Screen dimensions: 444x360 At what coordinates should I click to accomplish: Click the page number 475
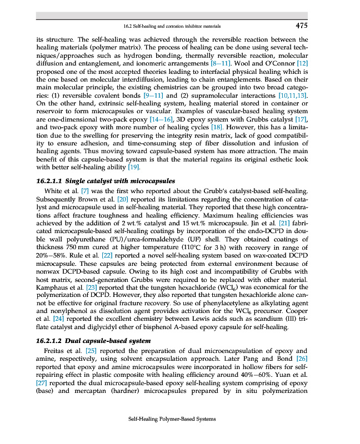tap(301, 25)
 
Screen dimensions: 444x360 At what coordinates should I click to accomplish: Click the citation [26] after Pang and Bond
tap(301, 359)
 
